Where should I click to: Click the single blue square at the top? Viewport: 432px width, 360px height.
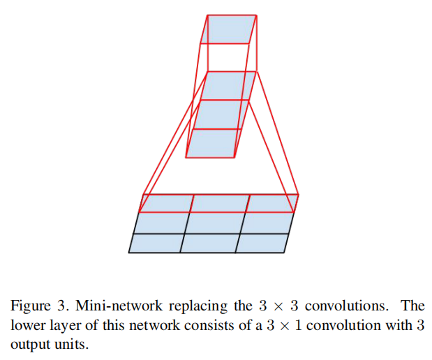[x=231, y=29]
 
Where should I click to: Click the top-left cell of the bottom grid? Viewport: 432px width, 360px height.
[x=166, y=203]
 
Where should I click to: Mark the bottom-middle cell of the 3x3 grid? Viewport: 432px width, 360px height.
[x=209, y=243]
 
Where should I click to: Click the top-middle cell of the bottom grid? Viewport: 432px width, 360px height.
[x=220, y=203]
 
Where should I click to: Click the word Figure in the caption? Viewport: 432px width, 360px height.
[x=28, y=306]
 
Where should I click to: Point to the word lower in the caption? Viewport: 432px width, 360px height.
[x=27, y=325]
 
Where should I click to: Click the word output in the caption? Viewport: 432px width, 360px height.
[x=28, y=345]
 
